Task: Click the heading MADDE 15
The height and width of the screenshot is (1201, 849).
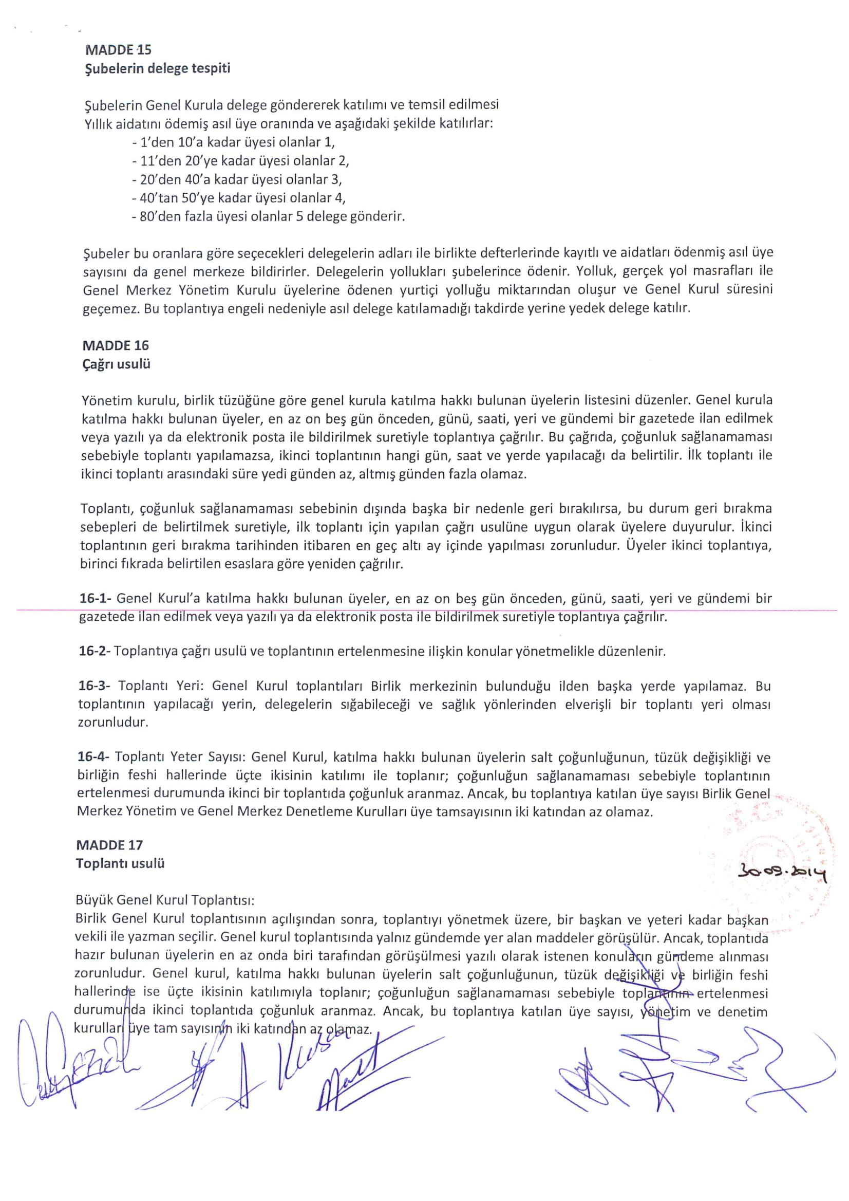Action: tap(118, 50)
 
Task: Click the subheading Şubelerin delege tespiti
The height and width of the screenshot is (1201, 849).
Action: tap(157, 68)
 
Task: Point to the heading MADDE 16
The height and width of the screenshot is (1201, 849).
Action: tap(116, 345)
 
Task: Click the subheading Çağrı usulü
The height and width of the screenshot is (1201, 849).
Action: tap(116, 364)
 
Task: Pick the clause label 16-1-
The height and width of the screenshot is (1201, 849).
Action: tap(96, 598)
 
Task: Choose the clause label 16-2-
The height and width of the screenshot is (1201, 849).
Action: tap(95, 651)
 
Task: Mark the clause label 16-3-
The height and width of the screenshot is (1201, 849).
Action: tap(95, 686)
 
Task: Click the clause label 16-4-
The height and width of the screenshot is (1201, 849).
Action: tap(94, 757)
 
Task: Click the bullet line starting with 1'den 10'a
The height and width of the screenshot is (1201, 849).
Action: tap(233, 142)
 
